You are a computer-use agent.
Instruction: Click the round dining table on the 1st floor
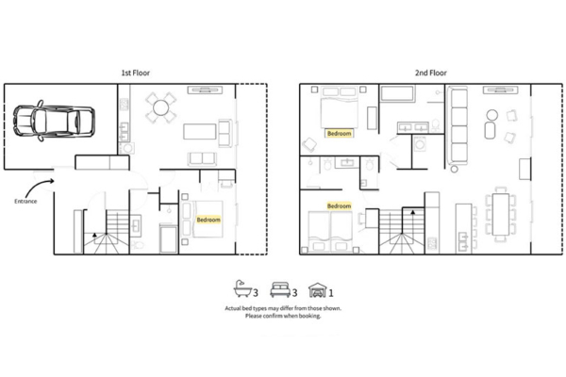coord(161,108)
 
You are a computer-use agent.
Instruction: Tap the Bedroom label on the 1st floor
coord(208,220)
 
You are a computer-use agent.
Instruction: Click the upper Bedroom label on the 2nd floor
coord(339,134)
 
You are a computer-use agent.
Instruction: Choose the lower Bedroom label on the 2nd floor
coord(339,205)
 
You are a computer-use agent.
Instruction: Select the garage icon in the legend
coord(318,289)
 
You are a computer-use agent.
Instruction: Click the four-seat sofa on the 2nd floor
coord(460,123)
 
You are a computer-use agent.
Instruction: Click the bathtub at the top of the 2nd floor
coord(397,94)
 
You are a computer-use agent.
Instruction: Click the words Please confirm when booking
coord(282,317)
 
